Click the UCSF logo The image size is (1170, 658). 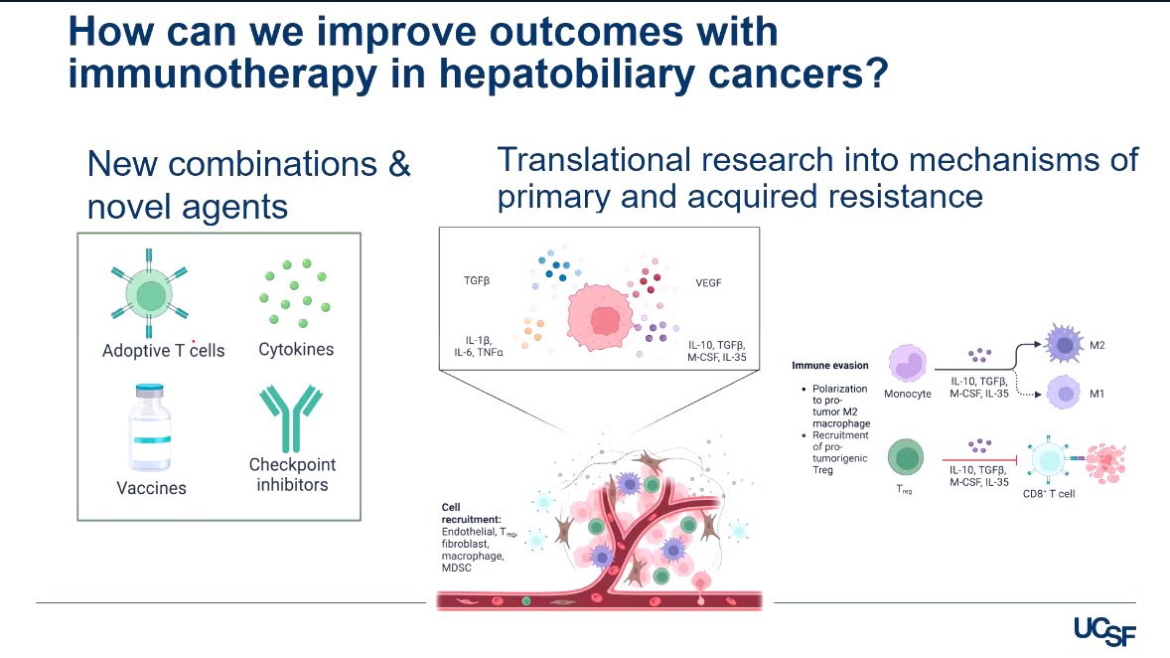(x=1104, y=629)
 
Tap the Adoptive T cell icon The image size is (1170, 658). (x=150, y=295)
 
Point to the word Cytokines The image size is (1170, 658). (x=296, y=349)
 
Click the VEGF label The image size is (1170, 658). (x=708, y=281)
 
